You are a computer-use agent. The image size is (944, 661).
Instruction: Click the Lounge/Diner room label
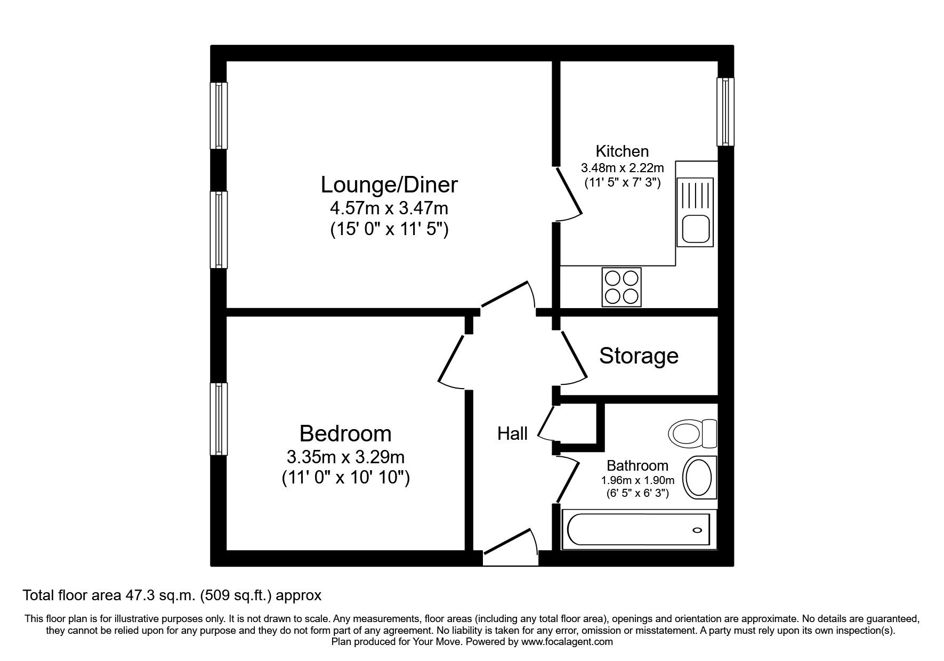(x=389, y=185)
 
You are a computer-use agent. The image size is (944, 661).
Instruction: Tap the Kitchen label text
(x=622, y=151)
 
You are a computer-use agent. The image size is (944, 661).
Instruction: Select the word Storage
(x=639, y=356)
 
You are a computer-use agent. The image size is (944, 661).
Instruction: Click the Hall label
(x=512, y=434)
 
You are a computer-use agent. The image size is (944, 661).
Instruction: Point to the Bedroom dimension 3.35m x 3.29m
(x=345, y=457)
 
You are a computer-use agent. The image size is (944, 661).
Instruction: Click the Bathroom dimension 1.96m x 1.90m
(x=637, y=480)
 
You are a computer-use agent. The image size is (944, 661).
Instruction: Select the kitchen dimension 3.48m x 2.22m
(x=622, y=168)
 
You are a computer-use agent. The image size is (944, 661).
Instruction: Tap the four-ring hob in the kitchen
(x=622, y=287)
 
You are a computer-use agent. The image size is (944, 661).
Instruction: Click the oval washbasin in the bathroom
(x=698, y=477)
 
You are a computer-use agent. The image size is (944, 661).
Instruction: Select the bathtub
(x=638, y=530)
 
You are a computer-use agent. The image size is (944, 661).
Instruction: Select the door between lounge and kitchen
(x=568, y=192)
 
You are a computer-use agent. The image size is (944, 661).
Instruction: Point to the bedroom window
(x=219, y=418)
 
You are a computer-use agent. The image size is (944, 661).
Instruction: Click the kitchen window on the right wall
(x=725, y=111)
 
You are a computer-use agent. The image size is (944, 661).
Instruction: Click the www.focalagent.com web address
(x=567, y=642)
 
